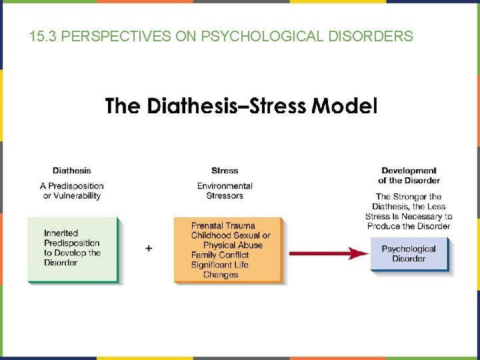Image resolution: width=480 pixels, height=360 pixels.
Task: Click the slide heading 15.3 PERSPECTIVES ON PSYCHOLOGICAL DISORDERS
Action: coord(221,36)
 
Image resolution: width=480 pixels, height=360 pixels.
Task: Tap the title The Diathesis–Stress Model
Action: coord(241,106)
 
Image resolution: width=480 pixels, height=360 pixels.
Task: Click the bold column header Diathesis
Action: coord(72,171)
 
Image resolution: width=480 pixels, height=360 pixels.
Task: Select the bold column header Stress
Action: coord(225,171)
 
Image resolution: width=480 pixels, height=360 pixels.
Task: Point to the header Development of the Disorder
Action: coord(409,175)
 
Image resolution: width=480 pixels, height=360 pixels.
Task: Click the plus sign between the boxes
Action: coord(149,248)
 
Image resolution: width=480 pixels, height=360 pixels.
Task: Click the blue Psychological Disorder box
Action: coord(409,254)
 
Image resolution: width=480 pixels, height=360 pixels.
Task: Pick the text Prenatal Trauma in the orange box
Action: coord(223,225)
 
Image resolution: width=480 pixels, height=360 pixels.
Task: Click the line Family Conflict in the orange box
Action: coord(220,255)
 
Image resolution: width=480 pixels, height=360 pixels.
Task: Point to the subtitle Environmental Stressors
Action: coord(225,191)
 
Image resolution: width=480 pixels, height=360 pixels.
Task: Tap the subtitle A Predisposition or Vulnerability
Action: coord(72,191)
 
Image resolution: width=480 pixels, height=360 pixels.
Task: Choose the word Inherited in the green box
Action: coord(61,233)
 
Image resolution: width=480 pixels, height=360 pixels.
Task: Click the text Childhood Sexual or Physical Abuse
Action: coord(231,240)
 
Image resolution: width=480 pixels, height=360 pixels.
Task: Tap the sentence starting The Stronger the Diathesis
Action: coord(409,211)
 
